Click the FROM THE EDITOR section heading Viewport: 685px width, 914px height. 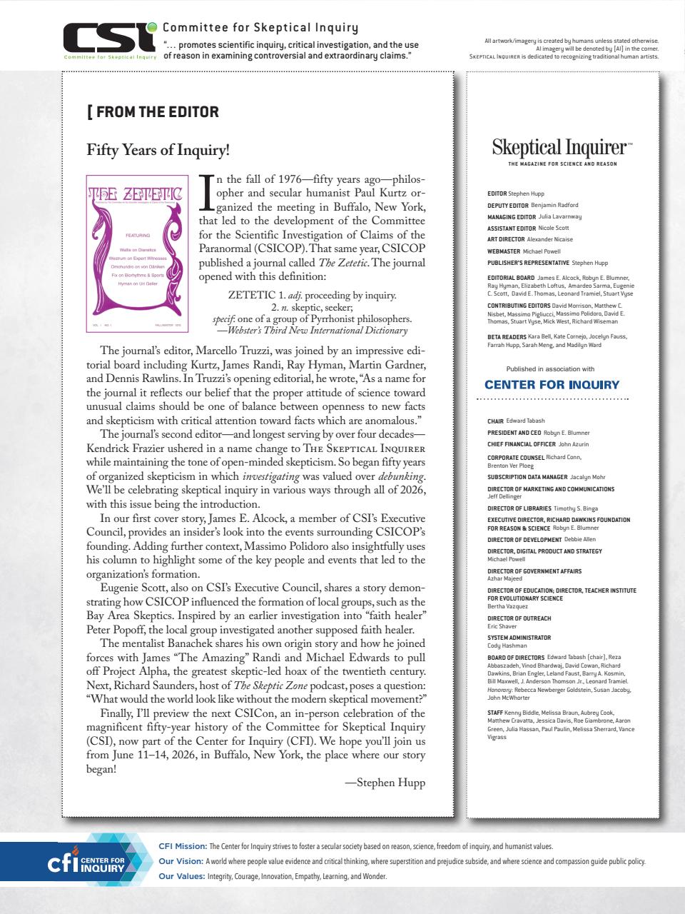(x=153, y=112)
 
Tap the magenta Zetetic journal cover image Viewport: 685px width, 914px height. (x=136, y=253)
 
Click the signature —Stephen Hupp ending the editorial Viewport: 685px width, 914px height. (x=385, y=783)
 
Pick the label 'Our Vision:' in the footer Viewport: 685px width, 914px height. (x=181, y=861)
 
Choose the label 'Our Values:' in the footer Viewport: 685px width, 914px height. (x=181, y=876)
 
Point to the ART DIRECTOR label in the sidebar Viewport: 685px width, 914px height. (x=506, y=239)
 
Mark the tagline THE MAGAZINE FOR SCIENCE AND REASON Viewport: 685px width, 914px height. (x=563, y=164)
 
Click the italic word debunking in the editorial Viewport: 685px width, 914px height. (x=403, y=476)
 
